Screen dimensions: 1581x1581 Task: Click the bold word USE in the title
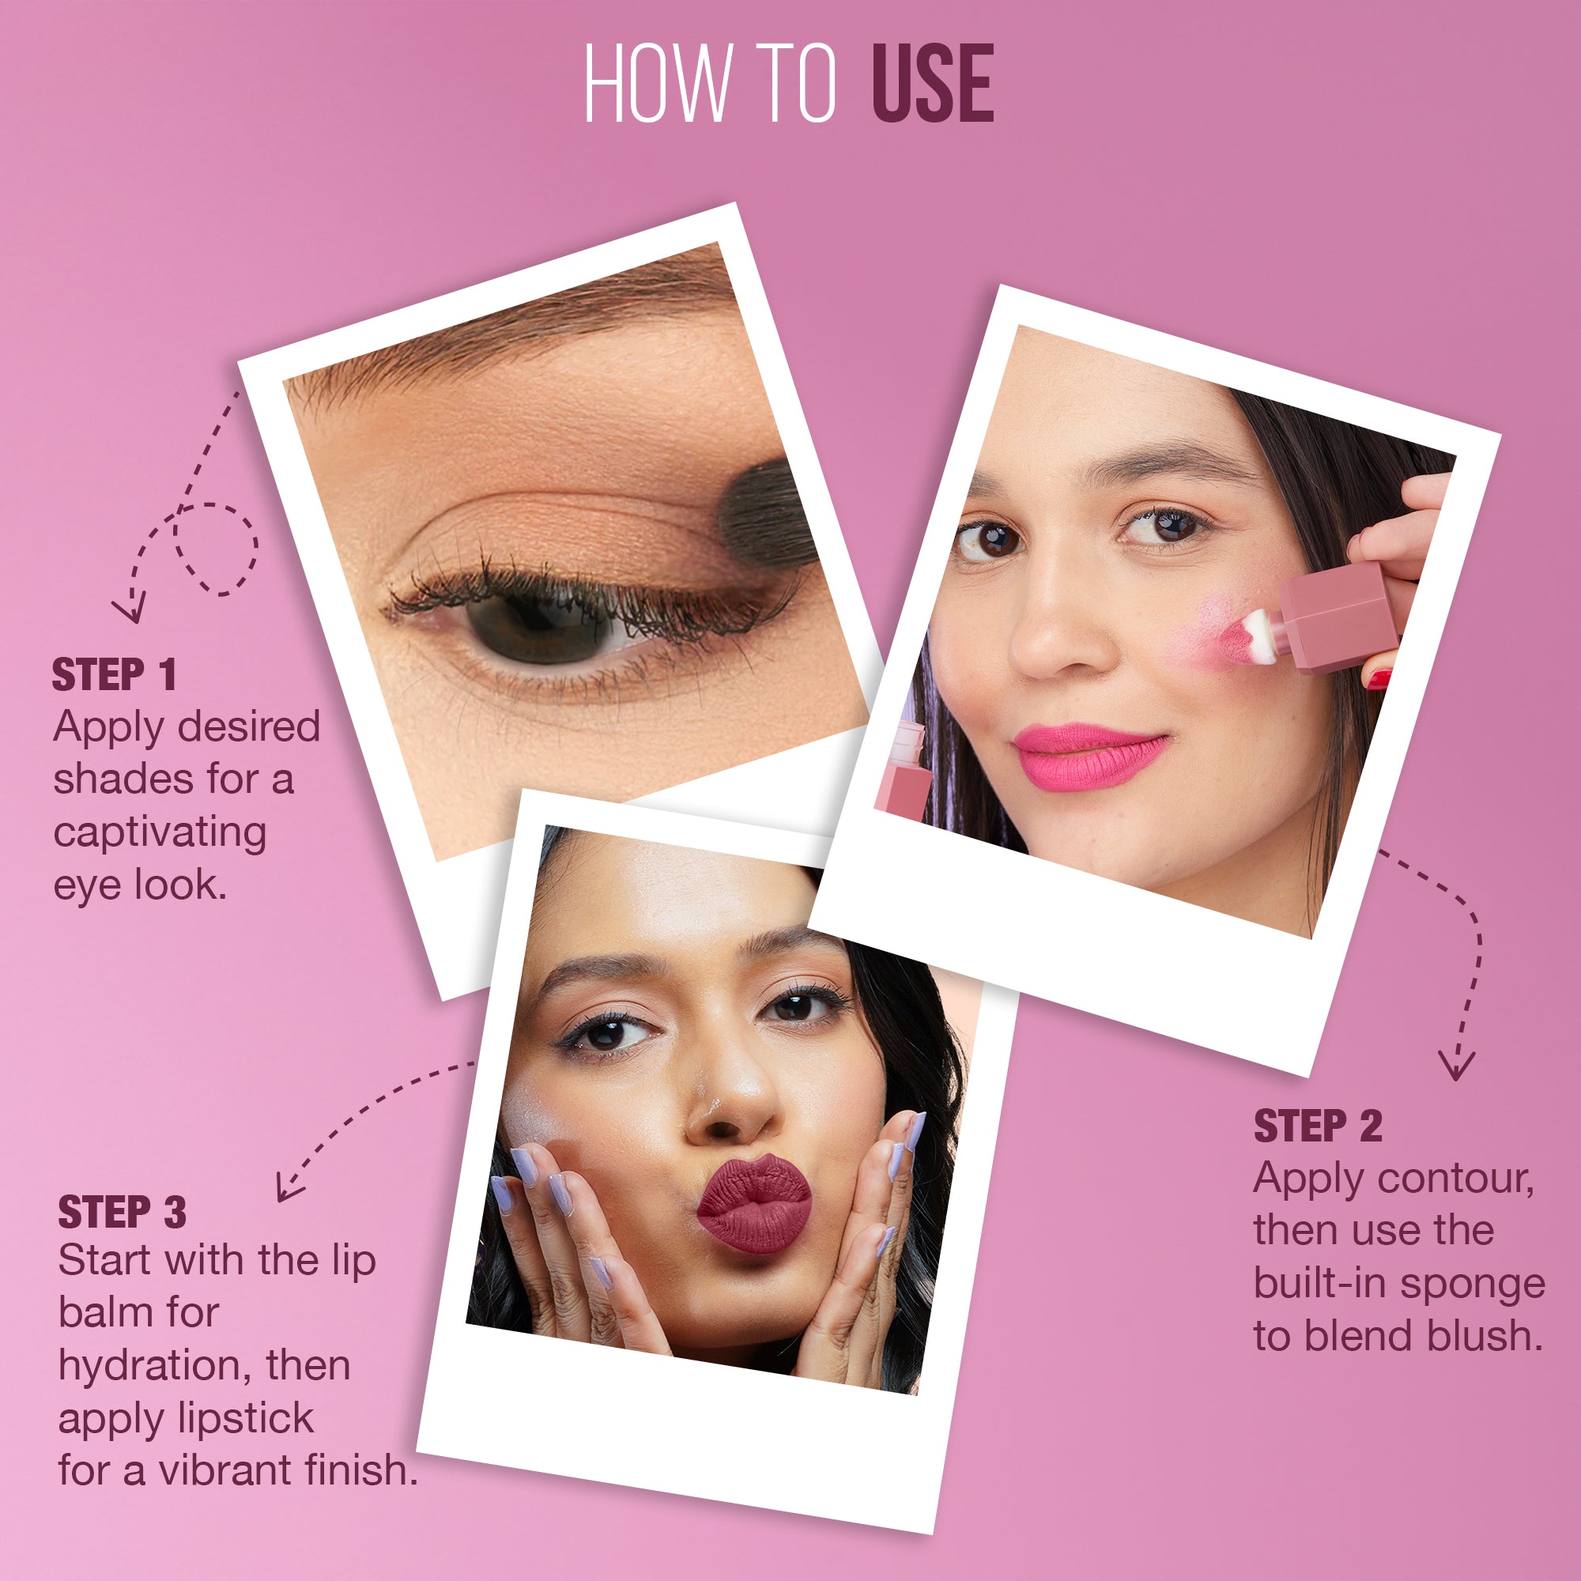[x=932, y=84]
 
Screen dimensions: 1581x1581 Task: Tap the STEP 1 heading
[x=114, y=676]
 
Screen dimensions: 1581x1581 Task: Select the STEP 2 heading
[x=1318, y=1126]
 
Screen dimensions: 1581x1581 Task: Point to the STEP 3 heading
[x=122, y=1213]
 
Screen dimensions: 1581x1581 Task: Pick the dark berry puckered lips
[x=753, y=1205]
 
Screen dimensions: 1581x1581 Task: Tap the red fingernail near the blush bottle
[x=1379, y=678]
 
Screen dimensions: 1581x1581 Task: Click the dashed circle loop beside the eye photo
[x=215, y=549]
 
